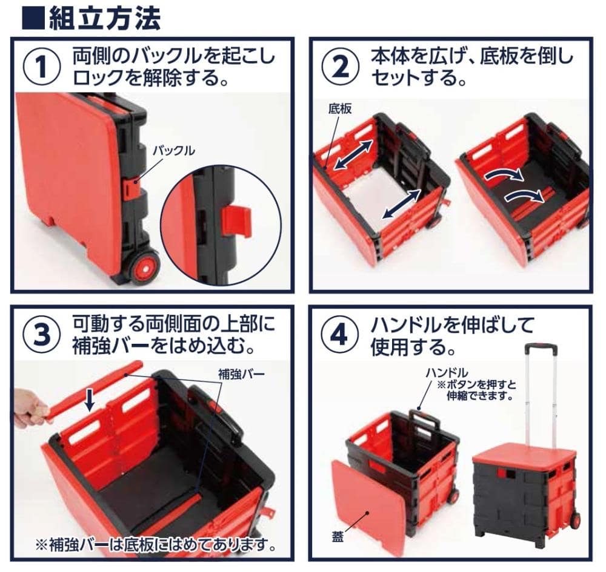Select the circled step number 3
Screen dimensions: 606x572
click(x=41, y=335)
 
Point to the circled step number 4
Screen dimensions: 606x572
click(x=340, y=335)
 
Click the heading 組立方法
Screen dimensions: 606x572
click(x=104, y=19)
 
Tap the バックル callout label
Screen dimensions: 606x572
click(x=174, y=151)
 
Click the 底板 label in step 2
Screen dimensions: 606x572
click(x=340, y=109)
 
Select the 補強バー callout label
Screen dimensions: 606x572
click(x=242, y=374)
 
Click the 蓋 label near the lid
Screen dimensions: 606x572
click(x=338, y=537)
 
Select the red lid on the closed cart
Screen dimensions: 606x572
click(x=522, y=456)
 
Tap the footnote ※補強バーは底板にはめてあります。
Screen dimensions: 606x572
click(x=156, y=545)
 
